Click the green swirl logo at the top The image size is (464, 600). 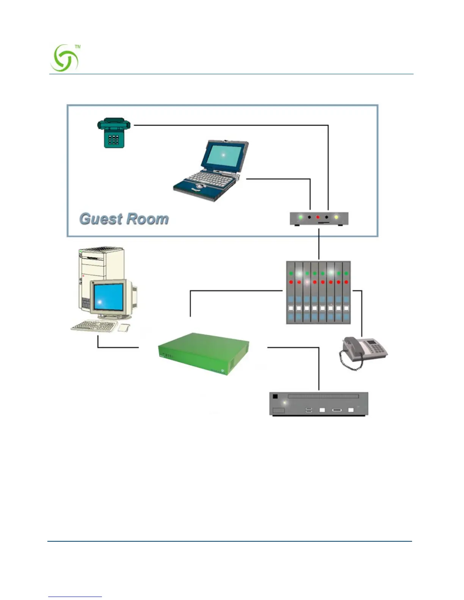click(x=64, y=58)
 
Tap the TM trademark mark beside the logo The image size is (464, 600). click(x=78, y=47)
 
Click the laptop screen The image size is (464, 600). click(x=223, y=155)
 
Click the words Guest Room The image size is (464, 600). click(x=124, y=219)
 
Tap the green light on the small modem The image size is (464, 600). click(x=301, y=217)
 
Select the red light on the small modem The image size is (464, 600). click(x=318, y=217)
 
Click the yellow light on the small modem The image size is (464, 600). click(x=336, y=217)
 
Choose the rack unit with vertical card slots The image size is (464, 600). click(x=318, y=292)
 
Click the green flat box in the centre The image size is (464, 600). click(x=204, y=353)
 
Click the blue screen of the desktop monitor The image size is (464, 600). click(x=108, y=298)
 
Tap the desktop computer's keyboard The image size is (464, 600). click(x=94, y=326)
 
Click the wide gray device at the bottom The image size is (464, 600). click(x=318, y=404)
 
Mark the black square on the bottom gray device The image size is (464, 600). click(x=275, y=397)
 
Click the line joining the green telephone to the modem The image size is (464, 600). click(x=231, y=125)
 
